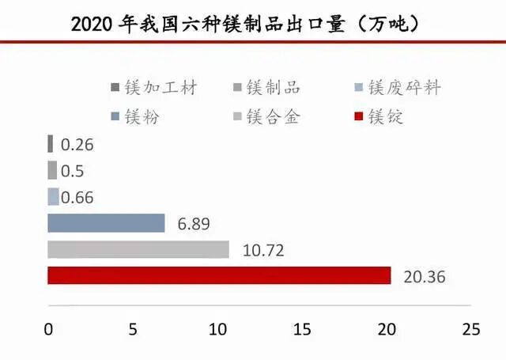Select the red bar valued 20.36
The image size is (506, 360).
point(219,275)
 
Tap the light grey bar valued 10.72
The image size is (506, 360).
point(138,249)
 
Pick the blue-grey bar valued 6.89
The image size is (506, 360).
point(106,223)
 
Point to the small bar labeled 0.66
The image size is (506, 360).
point(53,197)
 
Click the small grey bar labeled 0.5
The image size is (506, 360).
point(52,170)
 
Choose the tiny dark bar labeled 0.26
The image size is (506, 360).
point(51,144)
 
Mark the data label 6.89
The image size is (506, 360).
point(194,224)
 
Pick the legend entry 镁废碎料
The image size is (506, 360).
point(399,88)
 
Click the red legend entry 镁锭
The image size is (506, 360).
point(381,117)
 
